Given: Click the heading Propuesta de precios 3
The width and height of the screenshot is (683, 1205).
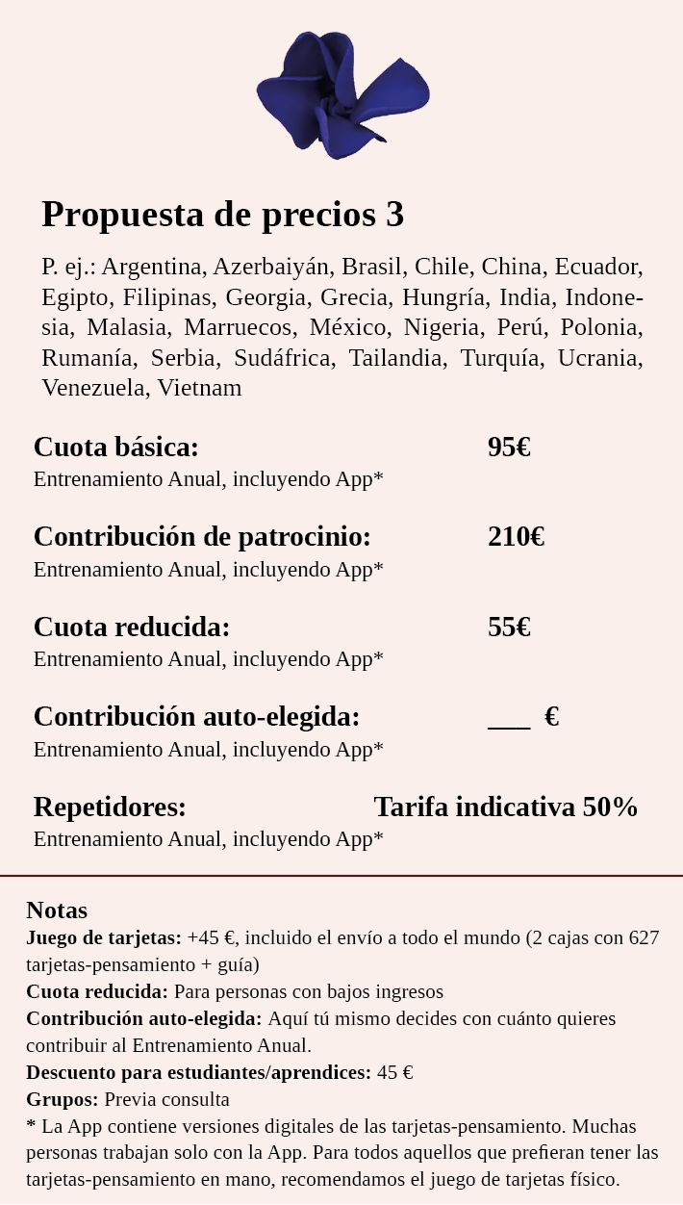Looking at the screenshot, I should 222,215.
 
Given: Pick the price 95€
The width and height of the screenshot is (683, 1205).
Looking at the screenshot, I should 509,448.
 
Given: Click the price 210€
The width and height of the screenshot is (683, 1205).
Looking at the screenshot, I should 516,537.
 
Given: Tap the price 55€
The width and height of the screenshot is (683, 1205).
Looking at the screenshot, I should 509,628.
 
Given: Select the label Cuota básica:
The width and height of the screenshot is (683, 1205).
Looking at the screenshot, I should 116,448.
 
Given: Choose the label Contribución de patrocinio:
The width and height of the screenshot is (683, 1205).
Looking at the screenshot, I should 202,537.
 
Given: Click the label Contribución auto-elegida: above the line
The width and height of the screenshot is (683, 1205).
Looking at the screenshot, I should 196,717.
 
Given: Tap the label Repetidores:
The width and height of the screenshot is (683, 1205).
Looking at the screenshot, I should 110,808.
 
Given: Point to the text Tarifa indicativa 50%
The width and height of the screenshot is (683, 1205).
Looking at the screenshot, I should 505,808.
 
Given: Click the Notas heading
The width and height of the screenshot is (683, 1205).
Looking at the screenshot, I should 57,910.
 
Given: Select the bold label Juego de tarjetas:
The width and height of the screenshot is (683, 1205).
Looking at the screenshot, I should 104,938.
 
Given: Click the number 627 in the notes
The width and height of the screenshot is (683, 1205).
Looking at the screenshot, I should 644,938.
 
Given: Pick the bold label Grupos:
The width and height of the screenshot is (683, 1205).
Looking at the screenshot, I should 63,1100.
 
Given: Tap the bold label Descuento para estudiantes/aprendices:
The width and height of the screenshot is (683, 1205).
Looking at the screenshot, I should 198,1073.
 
